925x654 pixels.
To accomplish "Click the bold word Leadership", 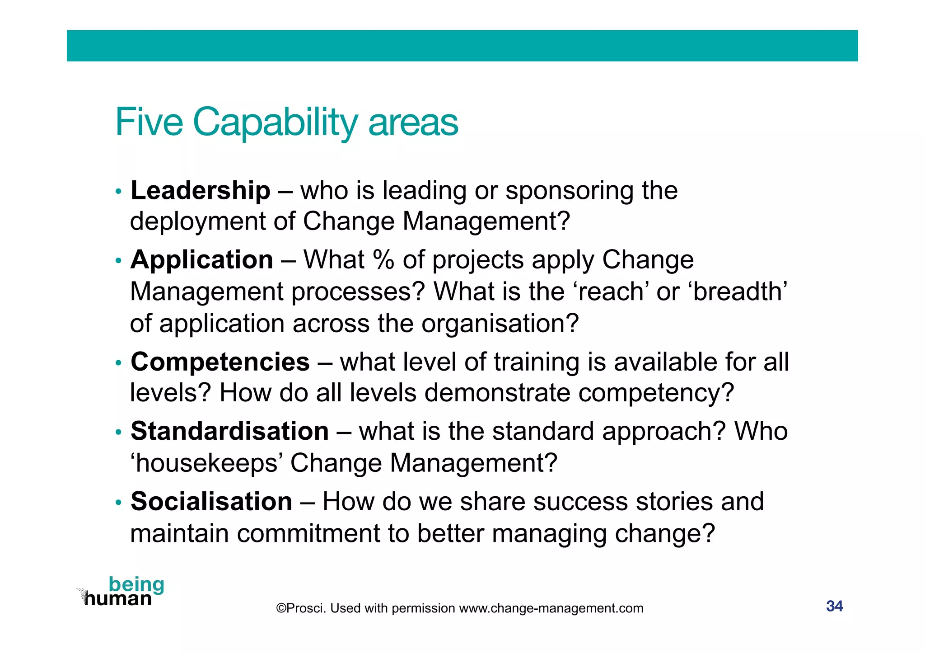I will pos(200,190).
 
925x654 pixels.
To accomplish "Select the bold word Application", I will pos(201,260).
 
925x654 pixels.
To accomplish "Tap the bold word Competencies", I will pos(220,362).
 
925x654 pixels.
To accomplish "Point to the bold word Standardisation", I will pos(229,431).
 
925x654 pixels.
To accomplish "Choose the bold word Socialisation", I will pos(211,502).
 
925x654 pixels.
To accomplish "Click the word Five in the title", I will pos(149,122).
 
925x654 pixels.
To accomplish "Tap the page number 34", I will pos(834,606).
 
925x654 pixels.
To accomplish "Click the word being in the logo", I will pos(136,584).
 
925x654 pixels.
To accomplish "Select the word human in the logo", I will pos(118,599).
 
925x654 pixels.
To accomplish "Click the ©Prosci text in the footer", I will pos(301,608).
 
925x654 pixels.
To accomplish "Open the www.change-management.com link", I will pos(551,608).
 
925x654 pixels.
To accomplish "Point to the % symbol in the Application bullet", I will pos(383,260).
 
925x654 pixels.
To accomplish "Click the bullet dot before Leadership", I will pos(118,192).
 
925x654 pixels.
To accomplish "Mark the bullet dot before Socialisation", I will pos(118,503).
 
